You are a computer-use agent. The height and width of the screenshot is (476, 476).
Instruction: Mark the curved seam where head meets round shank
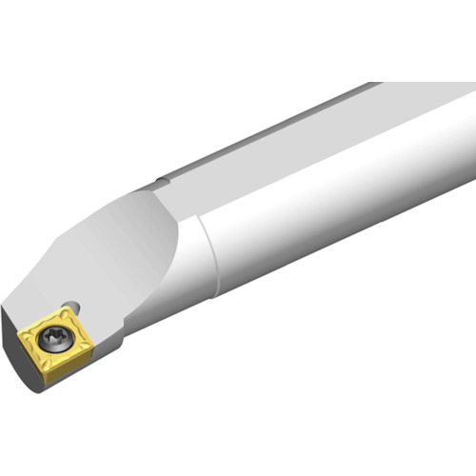pos(206,257)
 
